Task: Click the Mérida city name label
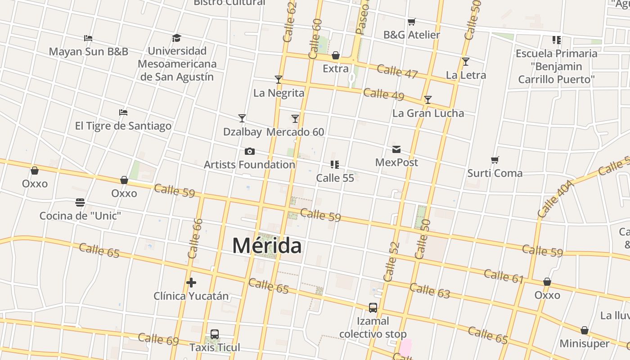pos(267,246)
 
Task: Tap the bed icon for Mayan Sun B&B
pos(88,38)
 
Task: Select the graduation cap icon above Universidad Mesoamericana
pos(176,38)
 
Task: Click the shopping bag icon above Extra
pos(336,55)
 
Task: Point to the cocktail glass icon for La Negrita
pos(279,80)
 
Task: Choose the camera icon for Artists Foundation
pos(249,151)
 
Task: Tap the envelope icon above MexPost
pos(396,149)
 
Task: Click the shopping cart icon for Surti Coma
pos(495,160)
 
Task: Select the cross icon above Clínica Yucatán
pos(191,283)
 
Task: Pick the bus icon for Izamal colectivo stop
pos(373,308)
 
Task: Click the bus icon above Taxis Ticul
pos(215,334)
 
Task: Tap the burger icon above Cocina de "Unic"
pos(80,202)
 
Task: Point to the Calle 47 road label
pos(397,72)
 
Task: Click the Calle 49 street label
pos(383,94)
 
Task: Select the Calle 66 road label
pos(195,238)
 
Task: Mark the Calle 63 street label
pos(430,291)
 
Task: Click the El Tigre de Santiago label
pos(123,126)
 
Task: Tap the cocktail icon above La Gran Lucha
pos(428,100)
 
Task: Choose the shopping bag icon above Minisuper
pos(584,331)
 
